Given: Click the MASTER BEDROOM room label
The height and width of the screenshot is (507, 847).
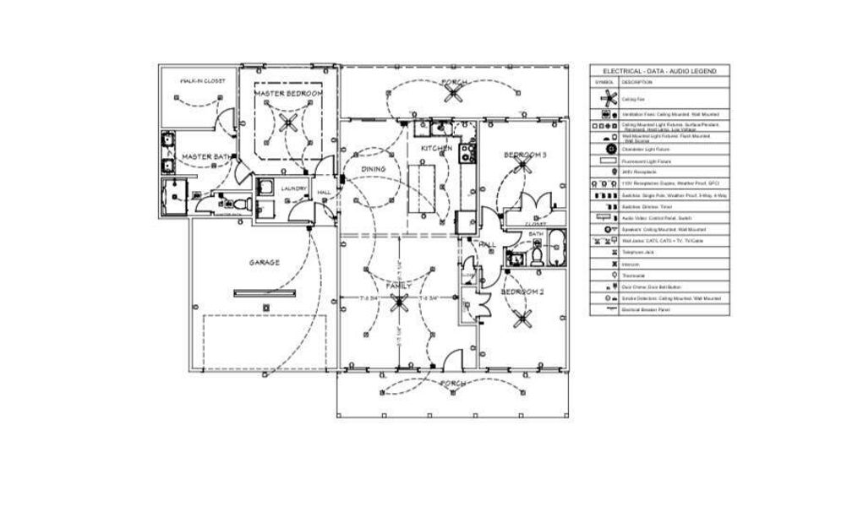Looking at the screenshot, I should point(288,92).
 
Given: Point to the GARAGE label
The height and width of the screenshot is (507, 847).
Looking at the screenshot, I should point(264,263).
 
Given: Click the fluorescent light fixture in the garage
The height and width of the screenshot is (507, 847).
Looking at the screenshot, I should point(265,293).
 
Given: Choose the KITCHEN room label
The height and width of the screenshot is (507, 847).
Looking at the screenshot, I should point(437,149).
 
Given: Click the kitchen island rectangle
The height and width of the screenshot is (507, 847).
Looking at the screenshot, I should point(423,188).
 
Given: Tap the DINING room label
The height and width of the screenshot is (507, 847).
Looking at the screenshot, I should point(374,169).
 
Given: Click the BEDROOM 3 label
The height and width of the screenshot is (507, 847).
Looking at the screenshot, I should point(525,155).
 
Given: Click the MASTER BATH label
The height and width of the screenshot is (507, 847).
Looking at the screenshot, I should point(206,157).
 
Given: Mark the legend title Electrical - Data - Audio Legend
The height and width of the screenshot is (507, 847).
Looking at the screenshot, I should point(659,72).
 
